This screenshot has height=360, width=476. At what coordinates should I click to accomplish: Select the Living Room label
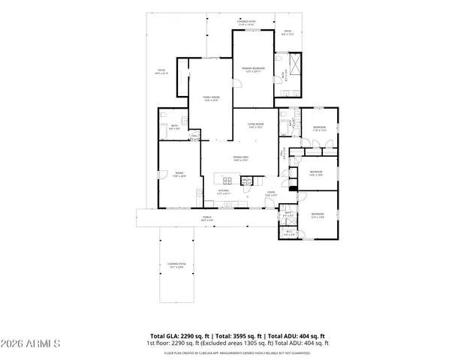255,124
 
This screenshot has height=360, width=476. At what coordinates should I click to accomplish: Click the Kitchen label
223,191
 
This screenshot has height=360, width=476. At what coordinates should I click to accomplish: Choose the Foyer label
270,193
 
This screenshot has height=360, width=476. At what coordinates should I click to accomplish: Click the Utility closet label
246,180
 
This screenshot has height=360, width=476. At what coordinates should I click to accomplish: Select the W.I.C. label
289,232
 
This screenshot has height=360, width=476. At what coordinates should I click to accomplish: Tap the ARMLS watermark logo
31,343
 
